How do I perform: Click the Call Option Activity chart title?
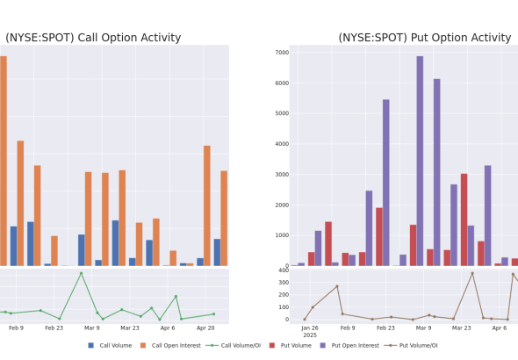point(93,38)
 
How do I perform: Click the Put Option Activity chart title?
point(425,38)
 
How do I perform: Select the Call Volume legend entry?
point(110,345)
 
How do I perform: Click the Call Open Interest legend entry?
point(170,345)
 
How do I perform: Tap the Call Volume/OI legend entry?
point(234,345)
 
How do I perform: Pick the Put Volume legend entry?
point(291,345)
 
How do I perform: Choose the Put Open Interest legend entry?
point(349,345)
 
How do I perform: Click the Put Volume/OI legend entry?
point(411,345)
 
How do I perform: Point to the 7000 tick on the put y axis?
point(282,53)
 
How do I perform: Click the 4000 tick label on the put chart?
point(282,144)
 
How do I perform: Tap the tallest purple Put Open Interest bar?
point(420,161)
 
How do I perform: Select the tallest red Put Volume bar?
point(464,220)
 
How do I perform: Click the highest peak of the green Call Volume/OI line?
point(82,273)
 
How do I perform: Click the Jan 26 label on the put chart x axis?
point(310,328)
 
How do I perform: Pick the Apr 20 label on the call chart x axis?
point(205,328)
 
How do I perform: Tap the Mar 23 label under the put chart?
point(461,328)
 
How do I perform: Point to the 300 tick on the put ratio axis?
point(284,283)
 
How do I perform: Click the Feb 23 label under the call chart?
point(54,328)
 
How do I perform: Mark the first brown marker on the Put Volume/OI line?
point(305,320)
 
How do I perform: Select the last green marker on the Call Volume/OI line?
point(213,314)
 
